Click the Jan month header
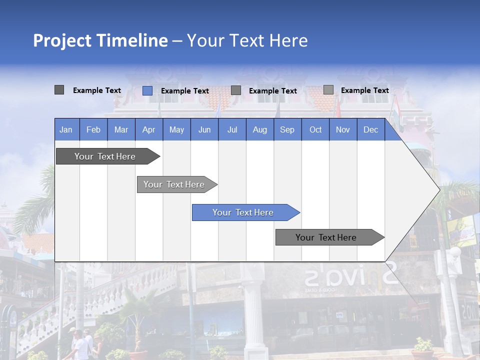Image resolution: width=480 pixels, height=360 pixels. point(66,129)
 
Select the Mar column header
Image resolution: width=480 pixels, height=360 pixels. point(121,129)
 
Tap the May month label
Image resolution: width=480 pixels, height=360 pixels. point(176,129)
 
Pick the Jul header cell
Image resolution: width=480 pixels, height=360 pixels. point(232,129)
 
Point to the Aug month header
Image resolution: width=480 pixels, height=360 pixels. point(259,129)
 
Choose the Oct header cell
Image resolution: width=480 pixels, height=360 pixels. point(315,129)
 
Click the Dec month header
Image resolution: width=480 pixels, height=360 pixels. point(370,129)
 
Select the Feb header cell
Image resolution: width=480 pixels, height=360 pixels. point(93,129)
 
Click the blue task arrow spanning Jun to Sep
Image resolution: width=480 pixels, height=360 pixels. point(244,212)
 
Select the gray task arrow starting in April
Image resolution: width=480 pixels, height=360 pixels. point(175,184)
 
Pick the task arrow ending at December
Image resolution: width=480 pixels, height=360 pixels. point(327,237)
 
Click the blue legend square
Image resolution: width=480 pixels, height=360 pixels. point(147,90)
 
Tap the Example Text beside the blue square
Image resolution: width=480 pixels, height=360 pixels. point(184,91)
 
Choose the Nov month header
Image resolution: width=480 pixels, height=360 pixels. point(343,129)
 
